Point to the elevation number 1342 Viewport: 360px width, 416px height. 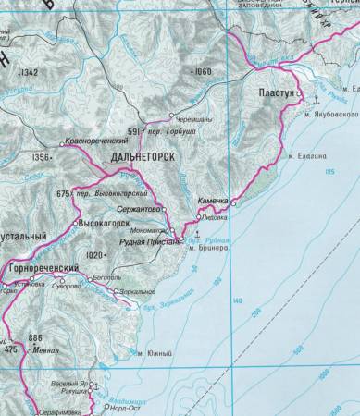tap(31, 72)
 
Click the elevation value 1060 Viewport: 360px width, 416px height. tap(201, 70)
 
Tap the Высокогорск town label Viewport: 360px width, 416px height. tap(103, 223)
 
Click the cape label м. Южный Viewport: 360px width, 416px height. tap(148, 353)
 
